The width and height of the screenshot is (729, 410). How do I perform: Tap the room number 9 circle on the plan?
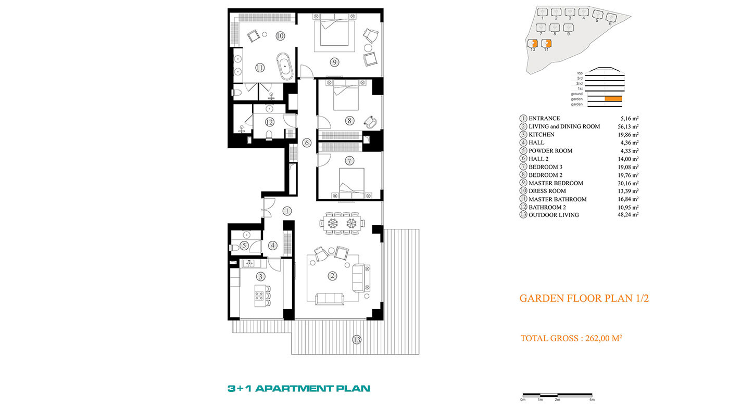click(x=334, y=62)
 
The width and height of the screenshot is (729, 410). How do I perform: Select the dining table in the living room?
click(x=342, y=223)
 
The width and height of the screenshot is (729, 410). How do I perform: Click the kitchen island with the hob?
click(x=260, y=296)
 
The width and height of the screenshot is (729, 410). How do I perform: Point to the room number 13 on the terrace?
click(x=357, y=340)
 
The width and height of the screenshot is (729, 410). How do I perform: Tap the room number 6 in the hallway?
click(x=307, y=143)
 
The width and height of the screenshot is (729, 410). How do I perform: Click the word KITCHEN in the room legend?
click(x=541, y=135)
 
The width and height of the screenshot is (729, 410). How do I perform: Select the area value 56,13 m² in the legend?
click(x=628, y=126)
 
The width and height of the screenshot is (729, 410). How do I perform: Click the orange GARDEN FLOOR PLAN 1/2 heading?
click(x=584, y=298)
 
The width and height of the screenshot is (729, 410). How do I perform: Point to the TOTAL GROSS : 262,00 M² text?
click(x=571, y=338)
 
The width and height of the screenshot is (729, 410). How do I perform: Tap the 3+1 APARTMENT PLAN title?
click(x=299, y=388)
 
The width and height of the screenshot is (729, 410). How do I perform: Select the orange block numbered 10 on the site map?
click(x=532, y=44)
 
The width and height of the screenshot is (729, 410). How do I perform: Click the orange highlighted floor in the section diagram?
click(x=613, y=99)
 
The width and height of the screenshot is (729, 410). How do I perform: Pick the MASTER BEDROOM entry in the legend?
click(x=556, y=183)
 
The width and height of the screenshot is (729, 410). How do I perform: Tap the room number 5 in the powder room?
click(x=244, y=246)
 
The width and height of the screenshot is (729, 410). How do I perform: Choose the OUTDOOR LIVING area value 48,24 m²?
click(x=628, y=214)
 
